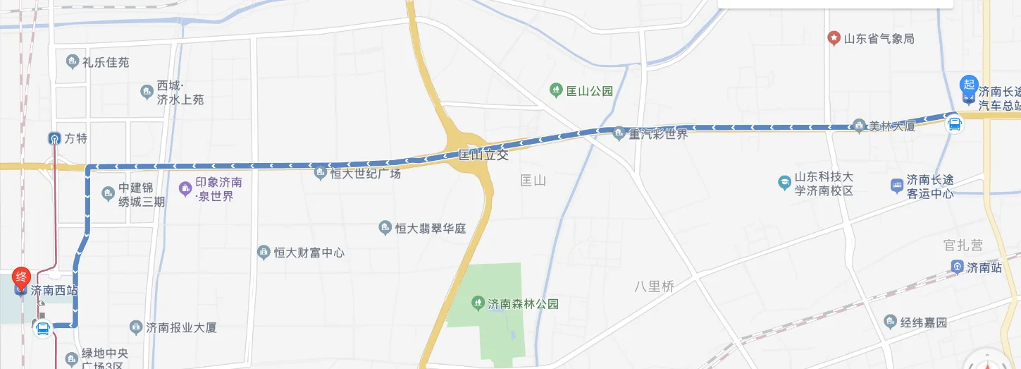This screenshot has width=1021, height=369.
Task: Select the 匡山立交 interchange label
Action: [x=483, y=155]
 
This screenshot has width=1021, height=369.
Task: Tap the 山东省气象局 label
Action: [x=879, y=38]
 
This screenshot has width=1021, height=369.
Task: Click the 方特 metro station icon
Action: [x=54, y=138]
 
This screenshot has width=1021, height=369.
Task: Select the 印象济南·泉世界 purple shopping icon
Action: [x=185, y=188]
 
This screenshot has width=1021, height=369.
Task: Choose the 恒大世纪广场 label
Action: [x=365, y=173]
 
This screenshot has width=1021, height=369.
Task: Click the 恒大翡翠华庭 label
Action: [x=430, y=228]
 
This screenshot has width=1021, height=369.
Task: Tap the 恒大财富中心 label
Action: [x=309, y=252]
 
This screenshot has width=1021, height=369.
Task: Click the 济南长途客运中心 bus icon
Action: [x=896, y=186]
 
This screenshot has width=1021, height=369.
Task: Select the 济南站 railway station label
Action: [x=984, y=267]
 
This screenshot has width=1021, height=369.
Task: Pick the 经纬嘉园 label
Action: [x=924, y=322]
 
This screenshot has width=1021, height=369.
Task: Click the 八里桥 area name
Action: [x=654, y=286]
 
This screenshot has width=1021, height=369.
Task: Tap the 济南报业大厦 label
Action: [x=181, y=327]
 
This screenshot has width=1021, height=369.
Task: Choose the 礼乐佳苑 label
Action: [x=106, y=62]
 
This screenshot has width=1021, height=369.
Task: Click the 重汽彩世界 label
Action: [x=658, y=133]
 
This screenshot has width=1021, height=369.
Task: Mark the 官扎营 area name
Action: [x=963, y=245]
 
